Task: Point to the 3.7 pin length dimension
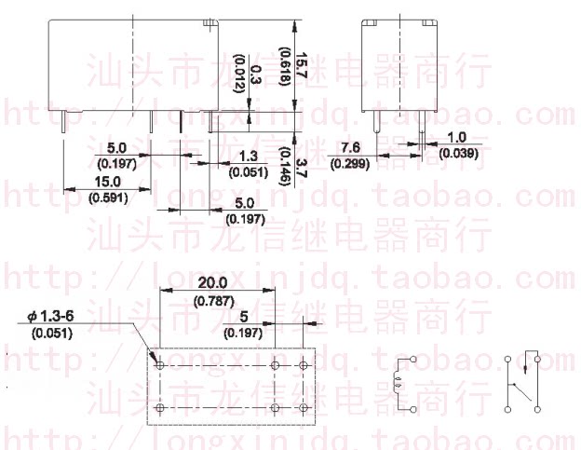click(x=301, y=169)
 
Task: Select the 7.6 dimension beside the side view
click(x=351, y=148)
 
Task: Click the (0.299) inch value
click(x=350, y=163)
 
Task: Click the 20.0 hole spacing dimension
click(x=213, y=283)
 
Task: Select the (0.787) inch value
click(x=213, y=300)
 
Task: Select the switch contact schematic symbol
click(x=522, y=381)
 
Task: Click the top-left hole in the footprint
click(x=158, y=363)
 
